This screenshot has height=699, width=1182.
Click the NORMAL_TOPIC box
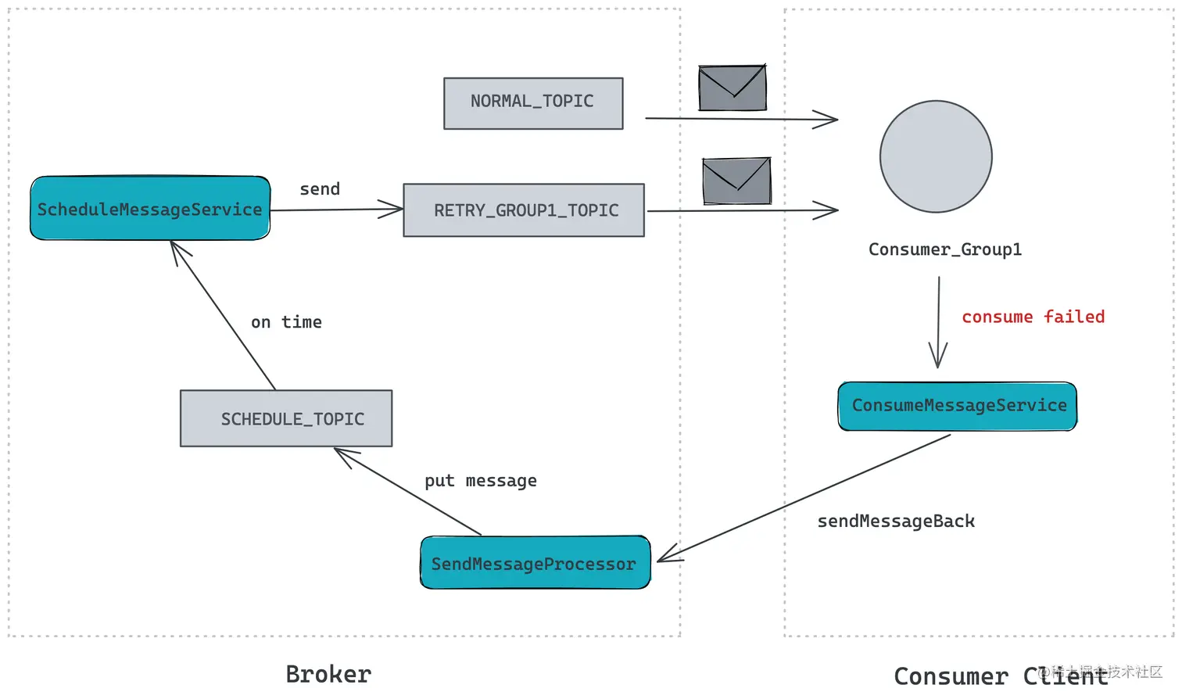tap(533, 103)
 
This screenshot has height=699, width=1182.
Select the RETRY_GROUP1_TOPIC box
tap(524, 210)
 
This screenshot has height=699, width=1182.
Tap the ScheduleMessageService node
tap(150, 209)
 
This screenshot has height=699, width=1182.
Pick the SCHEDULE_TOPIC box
tap(286, 418)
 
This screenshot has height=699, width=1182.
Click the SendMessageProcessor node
tap(535, 563)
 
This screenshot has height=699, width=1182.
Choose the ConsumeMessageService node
tap(958, 406)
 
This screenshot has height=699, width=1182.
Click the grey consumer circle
tap(936, 156)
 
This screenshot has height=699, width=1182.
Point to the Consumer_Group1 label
tap(944, 249)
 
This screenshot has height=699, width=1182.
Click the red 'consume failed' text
tap(1033, 317)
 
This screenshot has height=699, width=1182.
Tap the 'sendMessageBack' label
tap(896, 522)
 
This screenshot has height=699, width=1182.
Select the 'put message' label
tap(481, 481)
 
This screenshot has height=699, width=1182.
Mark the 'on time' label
tap(286, 322)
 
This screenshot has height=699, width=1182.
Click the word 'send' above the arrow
tap(320, 189)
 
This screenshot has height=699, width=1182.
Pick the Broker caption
tap(328, 674)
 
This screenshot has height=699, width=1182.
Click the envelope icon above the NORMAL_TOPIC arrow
tap(732, 88)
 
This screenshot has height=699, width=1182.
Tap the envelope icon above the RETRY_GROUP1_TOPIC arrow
tap(736, 181)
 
